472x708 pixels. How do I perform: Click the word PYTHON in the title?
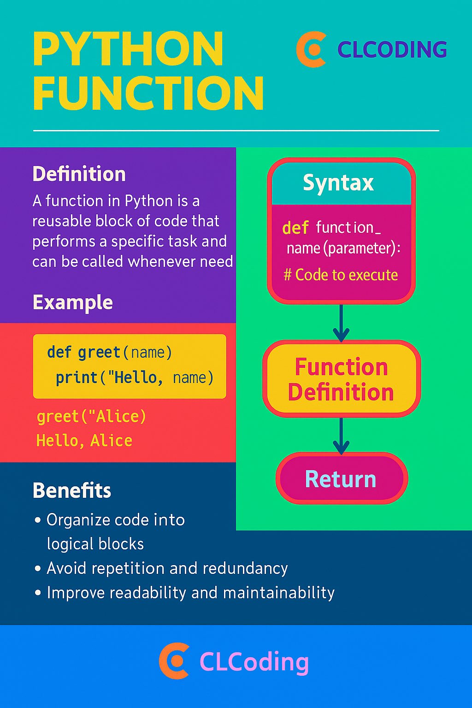pos(128,49)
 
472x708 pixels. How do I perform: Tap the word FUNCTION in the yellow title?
pos(148,94)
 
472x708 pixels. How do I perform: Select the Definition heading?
pos(79,174)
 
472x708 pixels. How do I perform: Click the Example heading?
pos(72,303)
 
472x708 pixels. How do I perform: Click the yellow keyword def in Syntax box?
pos(295,228)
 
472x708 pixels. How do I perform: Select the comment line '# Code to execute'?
pos(341,275)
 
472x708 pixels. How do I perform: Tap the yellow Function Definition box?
pos(341,379)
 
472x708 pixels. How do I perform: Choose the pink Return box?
pos(341,479)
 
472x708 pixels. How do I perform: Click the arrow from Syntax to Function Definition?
pos(341,323)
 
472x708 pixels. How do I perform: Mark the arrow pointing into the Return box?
pos(341,436)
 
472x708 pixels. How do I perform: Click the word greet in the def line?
pos(99,353)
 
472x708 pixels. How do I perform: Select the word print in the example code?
pos(76,378)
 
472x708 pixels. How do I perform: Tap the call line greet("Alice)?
pos(91,417)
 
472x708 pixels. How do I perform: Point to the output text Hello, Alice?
pos(84,441)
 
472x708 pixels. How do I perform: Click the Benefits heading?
pos(72,491)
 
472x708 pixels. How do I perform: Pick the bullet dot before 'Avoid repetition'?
pos(38,569)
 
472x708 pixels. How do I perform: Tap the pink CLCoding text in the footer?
pos(254,662)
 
